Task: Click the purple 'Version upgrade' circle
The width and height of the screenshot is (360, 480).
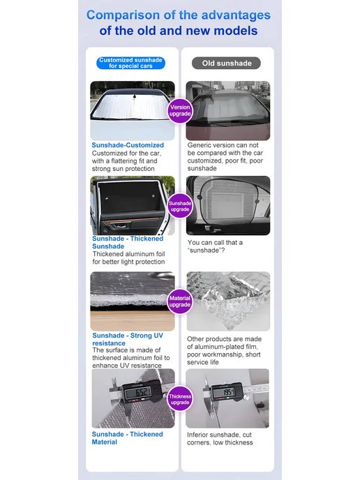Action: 180,110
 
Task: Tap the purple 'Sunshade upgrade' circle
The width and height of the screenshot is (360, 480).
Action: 180,206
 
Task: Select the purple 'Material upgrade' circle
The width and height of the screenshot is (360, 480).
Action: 180,301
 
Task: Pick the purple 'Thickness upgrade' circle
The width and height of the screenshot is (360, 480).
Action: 180,399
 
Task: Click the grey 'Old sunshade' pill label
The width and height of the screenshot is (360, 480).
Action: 226,63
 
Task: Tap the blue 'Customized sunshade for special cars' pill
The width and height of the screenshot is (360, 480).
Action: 130,63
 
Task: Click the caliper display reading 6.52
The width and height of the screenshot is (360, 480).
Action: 139,392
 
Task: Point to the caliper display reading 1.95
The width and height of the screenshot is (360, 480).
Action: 224,392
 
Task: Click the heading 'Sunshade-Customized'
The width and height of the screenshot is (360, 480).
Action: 128,145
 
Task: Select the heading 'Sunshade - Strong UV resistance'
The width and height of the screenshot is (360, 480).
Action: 128,339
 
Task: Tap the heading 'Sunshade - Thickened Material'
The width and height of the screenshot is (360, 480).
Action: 128,438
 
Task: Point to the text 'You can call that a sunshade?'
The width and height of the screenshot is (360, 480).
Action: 215,246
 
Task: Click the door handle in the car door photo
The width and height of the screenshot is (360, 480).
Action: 119,227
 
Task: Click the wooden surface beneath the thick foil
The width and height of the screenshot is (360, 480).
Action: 133,321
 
